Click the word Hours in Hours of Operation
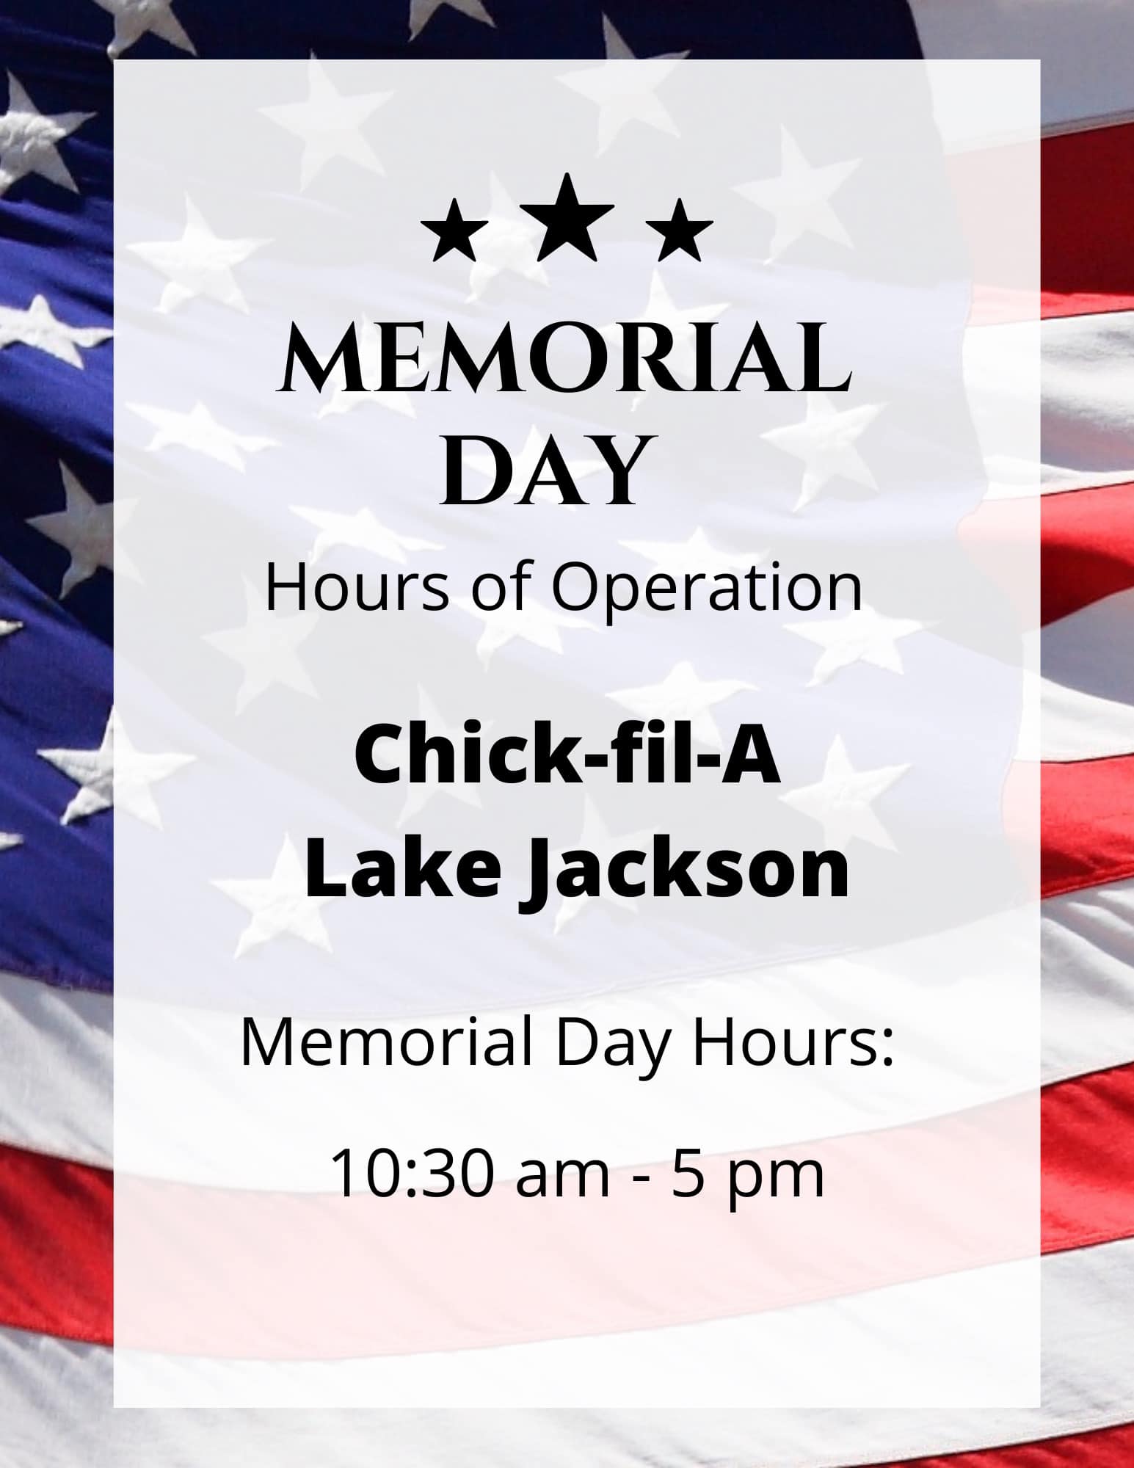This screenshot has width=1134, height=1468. click(357, 589)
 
